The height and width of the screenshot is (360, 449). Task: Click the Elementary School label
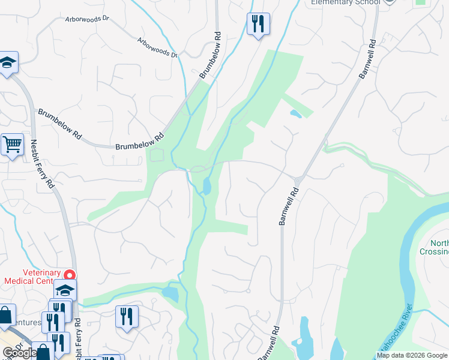(x=345, y=2)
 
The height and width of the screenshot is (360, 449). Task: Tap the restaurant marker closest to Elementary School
(x=258, y=25)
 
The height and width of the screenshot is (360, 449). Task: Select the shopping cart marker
(x=11, y=145)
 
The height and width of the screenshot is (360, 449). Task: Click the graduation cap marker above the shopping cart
(x=8, y=63)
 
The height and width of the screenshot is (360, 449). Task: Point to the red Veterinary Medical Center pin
(x=70, y=276)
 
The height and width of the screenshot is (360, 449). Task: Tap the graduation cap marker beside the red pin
(x=65, y=291)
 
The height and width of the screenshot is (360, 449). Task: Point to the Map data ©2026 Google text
(x=412, y=355)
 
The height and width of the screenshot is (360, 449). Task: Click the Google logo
(x=18, y=353)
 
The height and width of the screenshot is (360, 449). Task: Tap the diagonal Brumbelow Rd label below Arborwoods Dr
(x=211, y=56)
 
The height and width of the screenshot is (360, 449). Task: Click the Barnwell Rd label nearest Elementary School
(x=367, y=59)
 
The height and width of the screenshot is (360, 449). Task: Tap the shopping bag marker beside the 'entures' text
(x=5, y=316)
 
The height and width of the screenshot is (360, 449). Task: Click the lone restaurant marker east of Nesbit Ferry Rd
(x=127, y=317)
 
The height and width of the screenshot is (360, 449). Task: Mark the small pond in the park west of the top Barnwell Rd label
(x=295, y=113)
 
